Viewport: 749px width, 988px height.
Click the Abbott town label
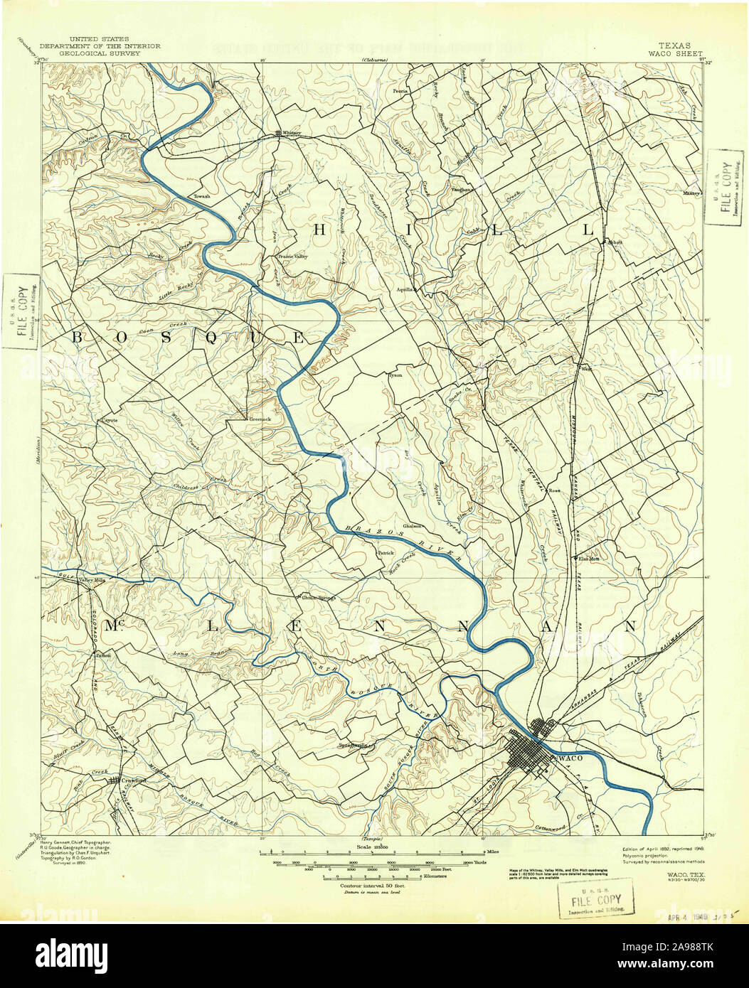click(614, 242)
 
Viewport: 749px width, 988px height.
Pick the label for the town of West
click(587, 369)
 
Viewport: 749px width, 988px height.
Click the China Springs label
click(318, 598)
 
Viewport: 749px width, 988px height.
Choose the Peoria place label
click(403, 91)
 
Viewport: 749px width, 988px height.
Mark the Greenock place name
click(260, 419)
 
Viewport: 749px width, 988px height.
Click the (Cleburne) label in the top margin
click(375, 60)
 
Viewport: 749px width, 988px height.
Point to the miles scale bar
click(373, 852)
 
